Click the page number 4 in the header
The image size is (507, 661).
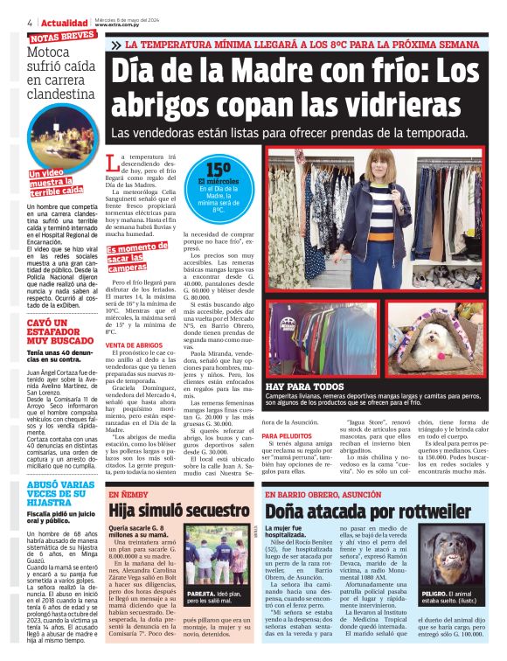click(31, 22)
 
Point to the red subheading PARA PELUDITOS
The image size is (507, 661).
click(288, 435)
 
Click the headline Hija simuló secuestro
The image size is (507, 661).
click(179, 511)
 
